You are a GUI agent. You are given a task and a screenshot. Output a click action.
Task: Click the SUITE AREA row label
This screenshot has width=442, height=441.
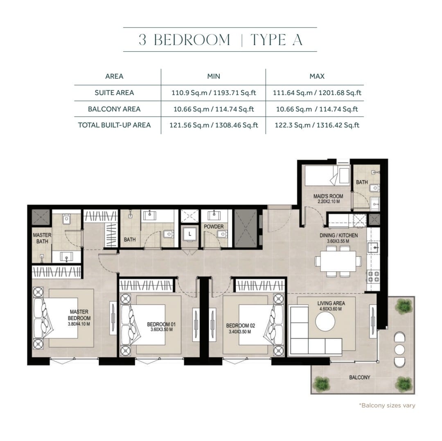pos(114,93)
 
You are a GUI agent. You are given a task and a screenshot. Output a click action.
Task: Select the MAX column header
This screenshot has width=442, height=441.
pos(317,76)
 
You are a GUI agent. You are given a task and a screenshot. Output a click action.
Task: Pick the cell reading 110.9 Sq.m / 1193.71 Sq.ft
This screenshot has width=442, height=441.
pos(214,93)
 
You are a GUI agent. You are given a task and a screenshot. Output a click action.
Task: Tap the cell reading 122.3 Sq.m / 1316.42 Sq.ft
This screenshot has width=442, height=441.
pos(317,125)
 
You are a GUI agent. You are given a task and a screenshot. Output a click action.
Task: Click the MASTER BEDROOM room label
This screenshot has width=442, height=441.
pos(79,315)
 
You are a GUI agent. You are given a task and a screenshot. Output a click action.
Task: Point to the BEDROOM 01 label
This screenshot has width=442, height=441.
pos(161,325)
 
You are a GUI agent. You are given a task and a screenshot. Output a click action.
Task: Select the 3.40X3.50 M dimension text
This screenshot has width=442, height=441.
pos(240,332)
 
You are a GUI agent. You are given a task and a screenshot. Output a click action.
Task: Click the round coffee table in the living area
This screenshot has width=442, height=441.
pos(325,321)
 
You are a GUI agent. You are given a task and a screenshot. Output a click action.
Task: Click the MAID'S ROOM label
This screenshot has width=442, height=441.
pos(328,196)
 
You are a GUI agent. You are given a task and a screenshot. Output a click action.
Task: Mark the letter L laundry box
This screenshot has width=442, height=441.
pos(190,234)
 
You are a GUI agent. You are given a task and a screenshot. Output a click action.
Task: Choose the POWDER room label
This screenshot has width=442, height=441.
pos(214,226)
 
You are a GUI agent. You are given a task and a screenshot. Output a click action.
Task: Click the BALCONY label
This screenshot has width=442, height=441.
pos(359,377)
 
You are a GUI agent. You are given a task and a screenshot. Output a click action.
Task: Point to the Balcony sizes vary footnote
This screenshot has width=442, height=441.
pos(387,405)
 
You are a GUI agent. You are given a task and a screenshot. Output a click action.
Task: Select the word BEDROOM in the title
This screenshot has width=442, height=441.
pos(192,39)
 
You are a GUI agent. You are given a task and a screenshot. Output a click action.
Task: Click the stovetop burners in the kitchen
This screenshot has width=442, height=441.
pos(373,277)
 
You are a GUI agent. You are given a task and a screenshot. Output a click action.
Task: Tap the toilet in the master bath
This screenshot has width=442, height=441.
pos(66,219)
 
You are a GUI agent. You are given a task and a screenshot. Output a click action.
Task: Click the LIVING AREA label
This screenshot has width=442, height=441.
pos(331,303)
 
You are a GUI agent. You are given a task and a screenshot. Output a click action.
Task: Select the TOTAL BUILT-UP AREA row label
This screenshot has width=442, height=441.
pos(114,125)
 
